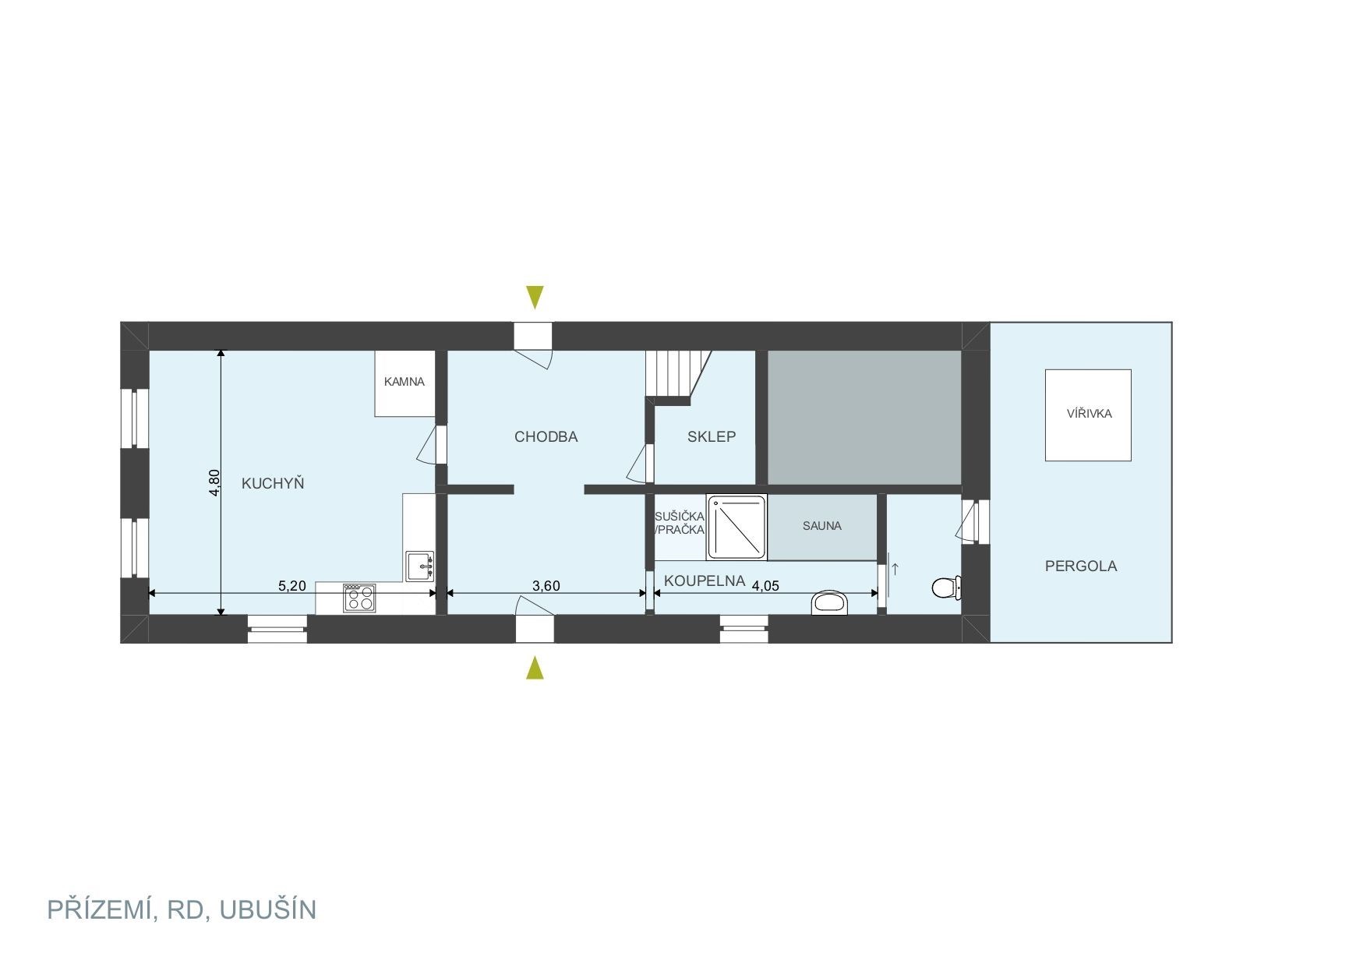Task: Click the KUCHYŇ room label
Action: (273, 483)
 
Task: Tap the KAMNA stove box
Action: (404, 383)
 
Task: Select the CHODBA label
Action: (546, 437)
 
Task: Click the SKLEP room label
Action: (712, 437)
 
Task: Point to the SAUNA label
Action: (822, 526)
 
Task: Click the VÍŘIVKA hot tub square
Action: (1088, 415)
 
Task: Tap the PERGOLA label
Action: (1081, 566)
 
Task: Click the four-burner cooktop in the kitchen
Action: (359, 598)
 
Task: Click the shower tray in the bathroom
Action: (736, 527)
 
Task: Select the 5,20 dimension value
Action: (292, 586)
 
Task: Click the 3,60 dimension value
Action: (546, 586)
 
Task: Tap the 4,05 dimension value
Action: (765, 586)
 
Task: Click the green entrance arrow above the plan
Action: (535, 298)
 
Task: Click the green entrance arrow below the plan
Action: (535, 668)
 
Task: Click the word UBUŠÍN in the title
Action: (268, 909)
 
